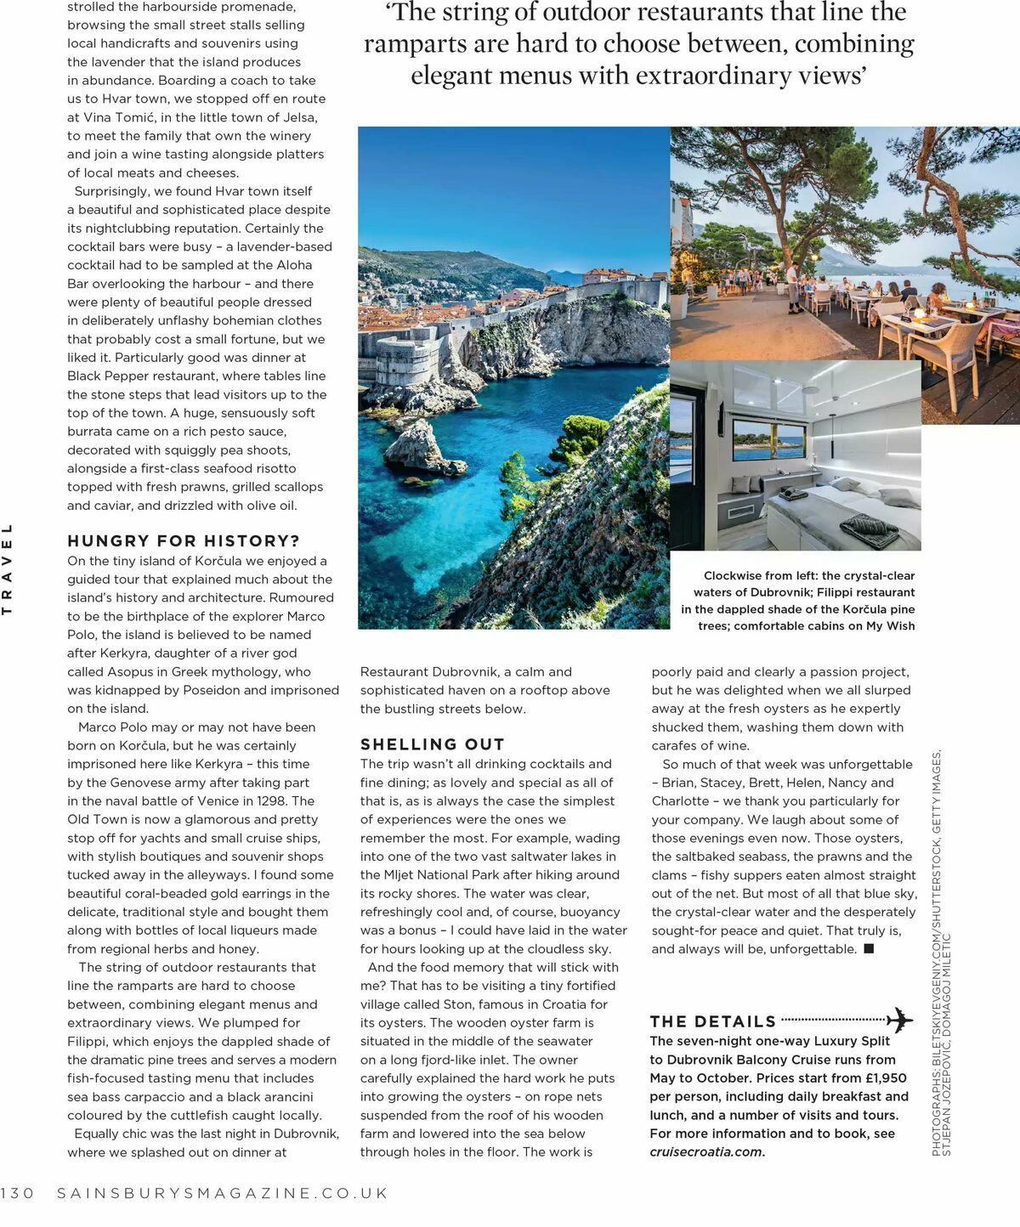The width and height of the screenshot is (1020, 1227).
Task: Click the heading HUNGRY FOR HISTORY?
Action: click(184, 541)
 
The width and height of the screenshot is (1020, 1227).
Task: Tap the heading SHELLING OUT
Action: click(432, 744)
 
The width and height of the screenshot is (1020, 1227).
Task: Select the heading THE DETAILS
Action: click(712, 1021)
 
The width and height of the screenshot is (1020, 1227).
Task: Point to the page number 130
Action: click(17, 1193)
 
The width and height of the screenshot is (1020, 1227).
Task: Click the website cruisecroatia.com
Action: click(706, 1152)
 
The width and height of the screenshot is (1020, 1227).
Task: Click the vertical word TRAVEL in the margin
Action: click(8, 568)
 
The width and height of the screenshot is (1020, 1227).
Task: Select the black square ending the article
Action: click(869, 949)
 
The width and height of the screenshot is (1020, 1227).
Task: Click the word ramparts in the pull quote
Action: click(403, 44)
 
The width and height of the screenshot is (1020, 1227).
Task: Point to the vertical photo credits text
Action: click(941, 952)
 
